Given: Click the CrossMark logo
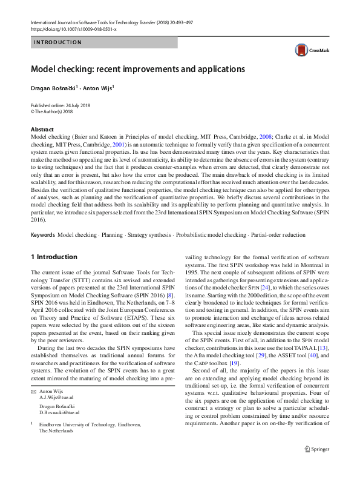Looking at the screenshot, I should click(309, 50).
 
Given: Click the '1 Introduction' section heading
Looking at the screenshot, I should click(54, 257).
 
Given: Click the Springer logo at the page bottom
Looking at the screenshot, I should click(316, 467).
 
